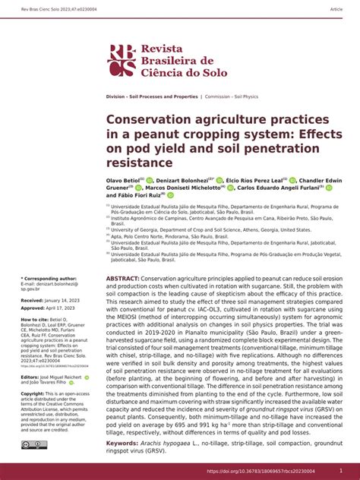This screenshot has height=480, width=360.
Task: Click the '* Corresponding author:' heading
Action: point(49,279)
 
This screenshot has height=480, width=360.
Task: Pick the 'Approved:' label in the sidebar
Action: point(33,308)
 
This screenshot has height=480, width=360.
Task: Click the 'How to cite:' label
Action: point(34,320)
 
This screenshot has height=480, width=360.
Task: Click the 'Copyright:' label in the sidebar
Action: point(33,393)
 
